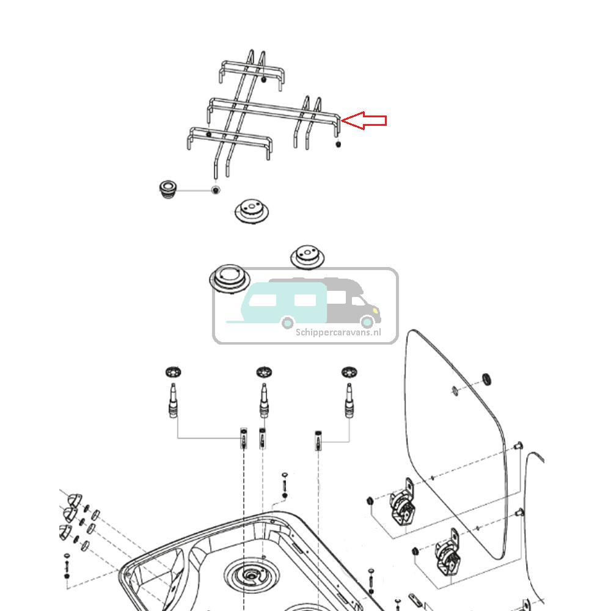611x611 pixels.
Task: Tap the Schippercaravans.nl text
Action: (x=338, y=332)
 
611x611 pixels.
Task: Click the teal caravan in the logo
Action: (x=281, y=302)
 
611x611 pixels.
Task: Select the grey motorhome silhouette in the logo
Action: (x=354, y=299)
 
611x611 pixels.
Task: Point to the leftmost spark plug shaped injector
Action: (x=172, y=400)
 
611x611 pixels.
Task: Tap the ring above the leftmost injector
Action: (x=174, y=371)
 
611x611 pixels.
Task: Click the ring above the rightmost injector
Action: (x=349, y=371)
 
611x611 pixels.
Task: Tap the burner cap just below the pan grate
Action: (x=251, y=211)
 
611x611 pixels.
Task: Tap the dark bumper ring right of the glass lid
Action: (x=488, y=379)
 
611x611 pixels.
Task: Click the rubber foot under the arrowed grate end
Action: (x=339, y=144)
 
